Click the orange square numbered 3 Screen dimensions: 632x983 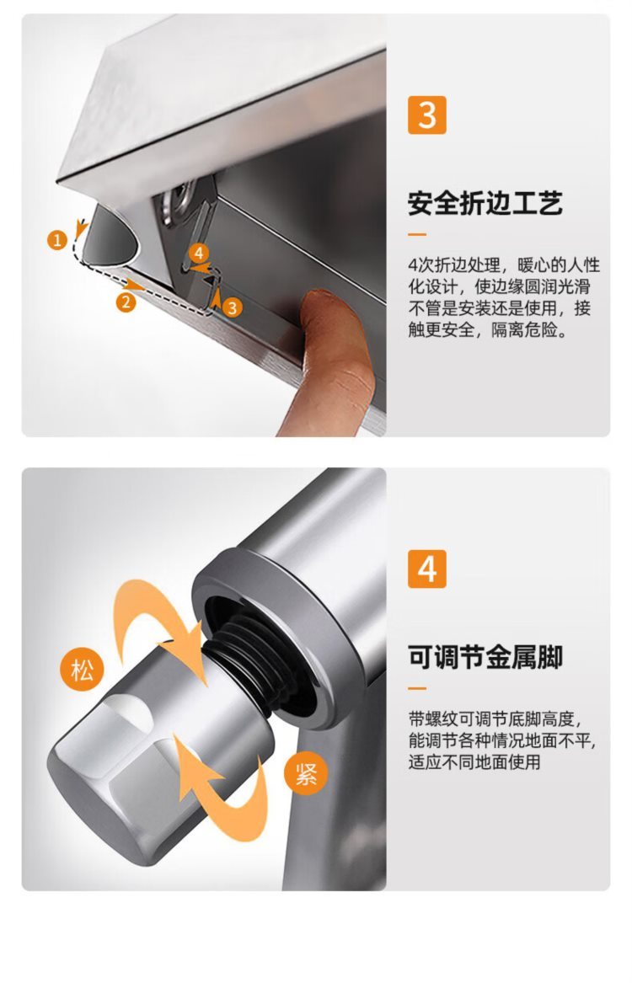(427, 115)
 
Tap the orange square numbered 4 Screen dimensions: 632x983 (427, 569)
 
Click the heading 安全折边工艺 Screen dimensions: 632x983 (485, 203)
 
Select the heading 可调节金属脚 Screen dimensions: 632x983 (485, 657)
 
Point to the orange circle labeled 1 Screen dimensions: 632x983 (57, 240)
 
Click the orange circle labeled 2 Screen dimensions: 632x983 (126, 302)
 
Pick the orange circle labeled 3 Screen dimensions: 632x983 (232, 307)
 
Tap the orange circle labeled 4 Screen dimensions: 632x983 (199, 254)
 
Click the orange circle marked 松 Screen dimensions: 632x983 (82, 670)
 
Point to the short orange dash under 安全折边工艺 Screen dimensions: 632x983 (417, 234)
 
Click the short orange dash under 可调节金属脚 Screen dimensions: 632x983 (417, 688)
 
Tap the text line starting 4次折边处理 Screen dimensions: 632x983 (503, 264)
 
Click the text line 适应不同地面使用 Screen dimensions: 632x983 (474, 761)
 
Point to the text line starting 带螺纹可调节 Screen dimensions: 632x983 (495, 719)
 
